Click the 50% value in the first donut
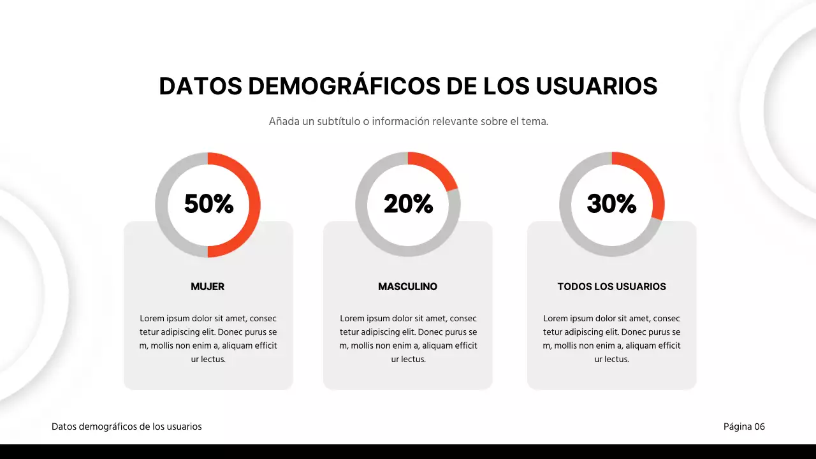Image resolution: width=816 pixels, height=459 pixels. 208,204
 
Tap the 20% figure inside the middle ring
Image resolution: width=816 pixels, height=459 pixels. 408,204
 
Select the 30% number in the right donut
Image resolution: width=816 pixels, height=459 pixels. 611,204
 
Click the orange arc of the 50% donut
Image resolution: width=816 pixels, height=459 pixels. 254,204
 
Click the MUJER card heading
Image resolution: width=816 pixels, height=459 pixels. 208,287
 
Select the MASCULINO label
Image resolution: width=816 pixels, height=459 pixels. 408,287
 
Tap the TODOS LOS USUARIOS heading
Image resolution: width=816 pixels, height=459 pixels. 611,287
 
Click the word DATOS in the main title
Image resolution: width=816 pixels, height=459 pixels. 200,87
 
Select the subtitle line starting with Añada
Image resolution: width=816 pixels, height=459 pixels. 408,121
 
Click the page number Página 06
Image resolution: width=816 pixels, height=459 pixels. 744,426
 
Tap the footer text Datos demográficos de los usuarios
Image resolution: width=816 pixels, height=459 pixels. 126,426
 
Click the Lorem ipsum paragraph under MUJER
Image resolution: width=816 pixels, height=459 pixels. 208,339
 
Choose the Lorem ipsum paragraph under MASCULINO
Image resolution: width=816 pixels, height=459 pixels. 408,339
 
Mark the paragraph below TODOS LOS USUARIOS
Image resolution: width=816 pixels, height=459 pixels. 611,339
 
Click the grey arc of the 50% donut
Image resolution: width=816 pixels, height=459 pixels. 162,204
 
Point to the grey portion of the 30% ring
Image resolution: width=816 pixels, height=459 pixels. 567,204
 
